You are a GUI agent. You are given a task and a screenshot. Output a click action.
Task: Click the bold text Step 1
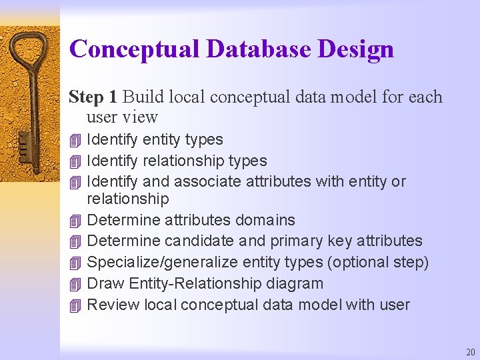coord(93,97)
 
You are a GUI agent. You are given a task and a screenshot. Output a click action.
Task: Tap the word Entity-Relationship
coord(193,284)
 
